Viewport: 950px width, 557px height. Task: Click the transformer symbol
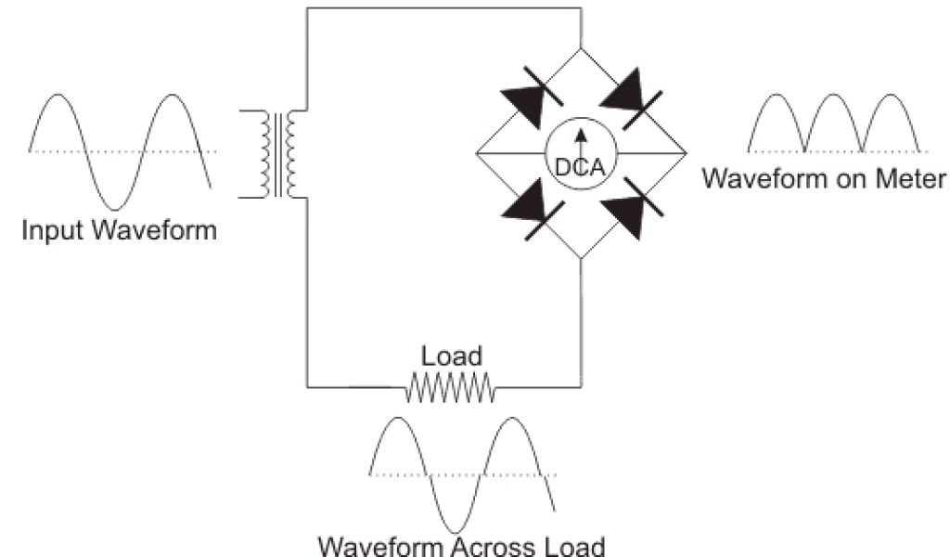pyautogui.click(x=279, y=154)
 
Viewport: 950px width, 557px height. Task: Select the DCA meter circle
pyautogui.click(x=581, y=154)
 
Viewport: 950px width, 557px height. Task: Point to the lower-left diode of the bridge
pyautogui.click(x=531, y=210)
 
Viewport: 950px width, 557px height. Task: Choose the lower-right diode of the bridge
pyautogui.click(x=632, y=208)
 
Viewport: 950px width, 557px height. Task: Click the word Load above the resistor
pyautogui.click(x=451, y=356)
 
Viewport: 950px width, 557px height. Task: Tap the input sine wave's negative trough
pyautogui.click(x=114, y=206)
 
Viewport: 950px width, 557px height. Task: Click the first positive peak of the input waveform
pyautogui.click(x=58, y=95)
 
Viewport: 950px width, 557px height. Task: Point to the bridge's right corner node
pyautogui.click(x=686, y=154)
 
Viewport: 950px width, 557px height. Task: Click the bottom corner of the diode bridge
pyautogui.click(x=581, y=259)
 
